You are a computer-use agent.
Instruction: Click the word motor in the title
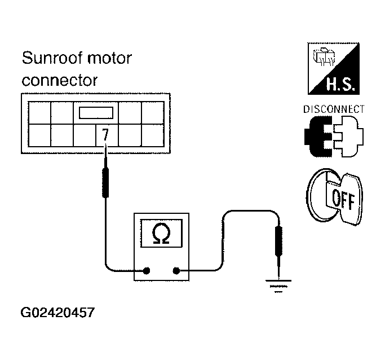click(x=109, y=58)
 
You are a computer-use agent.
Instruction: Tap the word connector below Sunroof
click(x=60, y=80)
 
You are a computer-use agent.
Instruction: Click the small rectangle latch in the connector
click(x=96, y=113)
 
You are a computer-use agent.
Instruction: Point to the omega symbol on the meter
click(x=161, y=233)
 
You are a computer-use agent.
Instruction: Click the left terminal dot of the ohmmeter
click(x=147, y=270)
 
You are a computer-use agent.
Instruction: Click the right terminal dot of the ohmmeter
click(x=176, y=270)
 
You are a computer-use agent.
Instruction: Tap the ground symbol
click(x=278, y=286)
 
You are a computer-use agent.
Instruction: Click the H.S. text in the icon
click(x=340, y=84)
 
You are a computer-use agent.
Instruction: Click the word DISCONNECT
click(x=334, y=109)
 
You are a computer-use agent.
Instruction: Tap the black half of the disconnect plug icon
click(x=318, y=137)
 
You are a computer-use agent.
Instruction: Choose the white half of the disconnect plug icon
click(x=349, y=137)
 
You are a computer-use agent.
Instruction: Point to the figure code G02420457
click(x=57, y=313)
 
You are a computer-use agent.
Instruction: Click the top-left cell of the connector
click(x=39, y=113)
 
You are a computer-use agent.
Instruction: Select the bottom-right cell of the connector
click(x=153, y=135)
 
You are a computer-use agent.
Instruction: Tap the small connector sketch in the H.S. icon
click(x=324, y=56)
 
